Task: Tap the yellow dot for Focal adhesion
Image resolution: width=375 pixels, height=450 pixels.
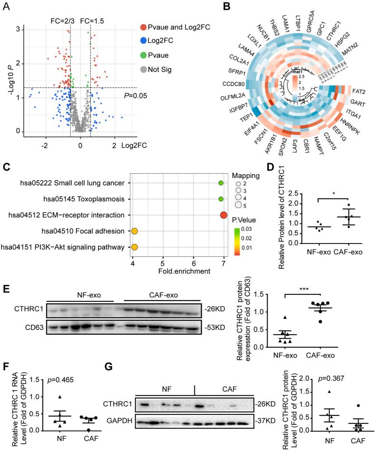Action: tap(135, 231)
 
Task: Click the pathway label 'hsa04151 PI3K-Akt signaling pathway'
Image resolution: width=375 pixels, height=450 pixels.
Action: tap(65, 247)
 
